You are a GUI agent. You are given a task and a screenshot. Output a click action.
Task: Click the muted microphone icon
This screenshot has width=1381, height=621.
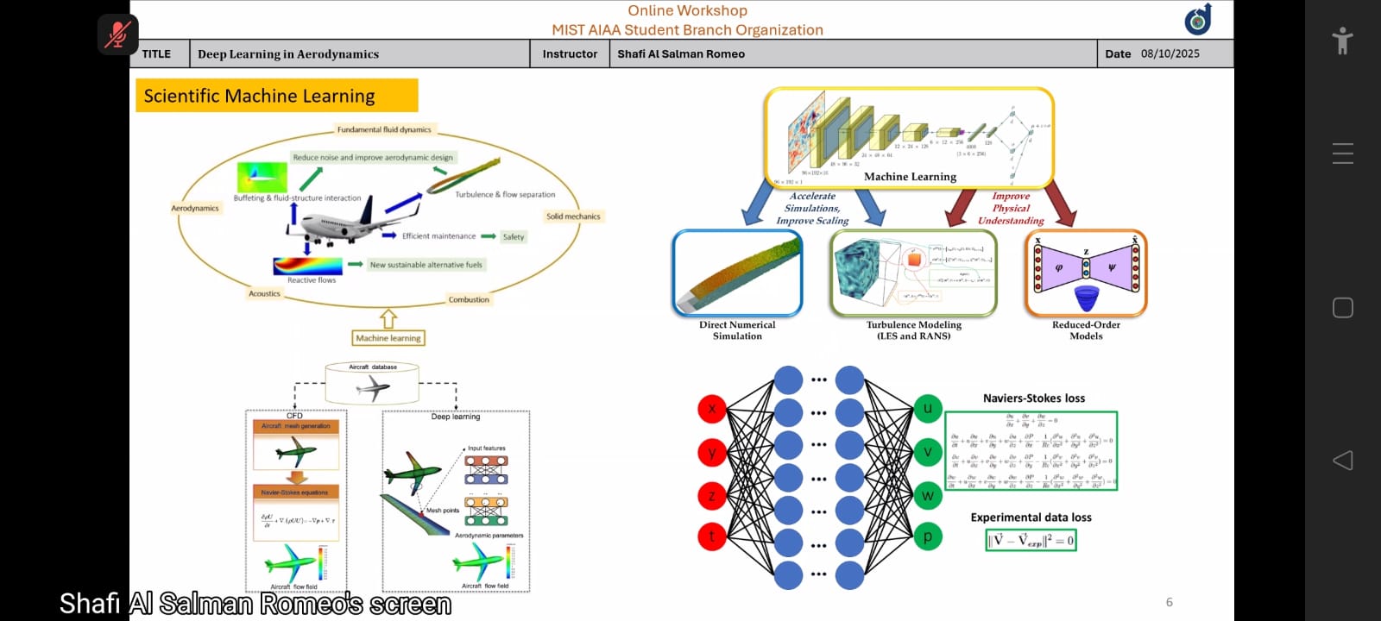point(117,34)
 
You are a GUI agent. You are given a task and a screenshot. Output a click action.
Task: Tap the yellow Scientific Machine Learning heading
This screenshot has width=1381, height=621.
point(276,96)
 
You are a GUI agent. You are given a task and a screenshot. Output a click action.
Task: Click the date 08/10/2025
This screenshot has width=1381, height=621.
point(1170,53)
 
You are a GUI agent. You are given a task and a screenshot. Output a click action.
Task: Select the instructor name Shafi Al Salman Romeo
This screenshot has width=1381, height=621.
point(681,53)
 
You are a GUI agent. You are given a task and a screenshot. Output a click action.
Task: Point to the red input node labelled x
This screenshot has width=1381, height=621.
point(712,409)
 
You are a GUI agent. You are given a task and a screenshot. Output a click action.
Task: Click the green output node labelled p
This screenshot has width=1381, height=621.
point(928,536)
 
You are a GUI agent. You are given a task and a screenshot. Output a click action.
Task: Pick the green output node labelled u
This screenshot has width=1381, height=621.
point(928,409)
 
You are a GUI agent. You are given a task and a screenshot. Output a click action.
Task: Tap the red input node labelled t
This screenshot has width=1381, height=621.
point(712,536)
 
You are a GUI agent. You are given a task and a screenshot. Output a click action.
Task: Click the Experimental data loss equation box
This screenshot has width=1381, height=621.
point(1031,541)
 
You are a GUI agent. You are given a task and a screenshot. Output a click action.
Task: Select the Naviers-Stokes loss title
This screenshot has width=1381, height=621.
point(1033,398)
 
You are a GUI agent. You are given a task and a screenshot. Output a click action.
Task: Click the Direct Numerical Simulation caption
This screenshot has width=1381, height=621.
point(737,330)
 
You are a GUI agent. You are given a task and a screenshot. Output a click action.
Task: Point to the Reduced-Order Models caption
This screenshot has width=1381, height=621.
point(1086,330)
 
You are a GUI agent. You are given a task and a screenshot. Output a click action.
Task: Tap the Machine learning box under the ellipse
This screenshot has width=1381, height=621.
point(388,338)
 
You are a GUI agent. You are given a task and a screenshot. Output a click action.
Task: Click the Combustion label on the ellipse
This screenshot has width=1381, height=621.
point(469,300)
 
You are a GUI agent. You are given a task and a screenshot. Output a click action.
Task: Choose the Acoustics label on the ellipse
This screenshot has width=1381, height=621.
point(264,294)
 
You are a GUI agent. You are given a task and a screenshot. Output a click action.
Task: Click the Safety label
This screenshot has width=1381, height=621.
point(514,237)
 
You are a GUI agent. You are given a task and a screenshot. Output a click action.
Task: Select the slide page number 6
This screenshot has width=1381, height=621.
point(1170,602)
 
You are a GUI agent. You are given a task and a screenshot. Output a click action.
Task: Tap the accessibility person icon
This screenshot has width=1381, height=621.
point(1342,41)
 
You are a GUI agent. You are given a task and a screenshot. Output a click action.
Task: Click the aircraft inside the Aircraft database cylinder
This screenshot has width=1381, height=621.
point(373,388)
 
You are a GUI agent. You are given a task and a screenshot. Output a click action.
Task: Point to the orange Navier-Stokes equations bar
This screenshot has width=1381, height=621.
point(295,492)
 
